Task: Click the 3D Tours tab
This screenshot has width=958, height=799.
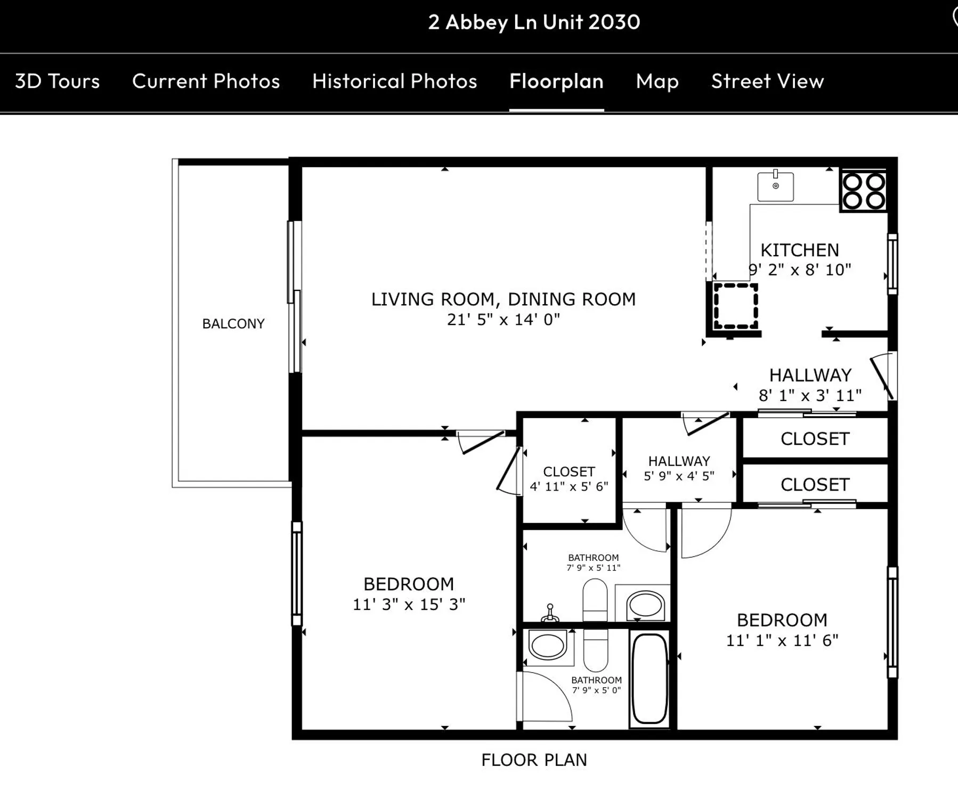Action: [x=57, y=81]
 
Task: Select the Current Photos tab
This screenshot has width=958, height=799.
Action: [x=206, y=81]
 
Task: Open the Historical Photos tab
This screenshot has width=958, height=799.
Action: [x=394, y=81]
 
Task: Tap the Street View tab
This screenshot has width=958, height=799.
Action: [x=767, y=81]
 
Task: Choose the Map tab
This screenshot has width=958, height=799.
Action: [x=657, y=81]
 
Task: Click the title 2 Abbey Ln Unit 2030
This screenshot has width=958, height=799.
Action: [x=534, y=22]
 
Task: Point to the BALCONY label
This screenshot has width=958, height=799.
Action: [x=233, y=324]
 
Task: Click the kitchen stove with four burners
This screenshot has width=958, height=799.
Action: [x=864, y=191]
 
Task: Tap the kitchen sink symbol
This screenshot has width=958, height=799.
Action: [x=775, y=186]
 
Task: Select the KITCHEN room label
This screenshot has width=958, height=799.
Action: [x=799, y=250]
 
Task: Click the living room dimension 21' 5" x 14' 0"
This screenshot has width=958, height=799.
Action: [x=503, y=320]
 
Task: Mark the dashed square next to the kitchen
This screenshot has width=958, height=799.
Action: [x=736, y=306]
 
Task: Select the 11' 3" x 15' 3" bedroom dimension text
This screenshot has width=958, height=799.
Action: [x=409, y=605]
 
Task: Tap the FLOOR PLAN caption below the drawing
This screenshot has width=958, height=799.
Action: [x=534, y=760]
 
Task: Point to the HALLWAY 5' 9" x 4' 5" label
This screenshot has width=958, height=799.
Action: [x=679, y=468]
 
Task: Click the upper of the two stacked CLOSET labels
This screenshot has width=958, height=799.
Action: [x=815, y=439]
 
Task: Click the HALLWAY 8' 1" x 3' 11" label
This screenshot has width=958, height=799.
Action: [x=810, y=385]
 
